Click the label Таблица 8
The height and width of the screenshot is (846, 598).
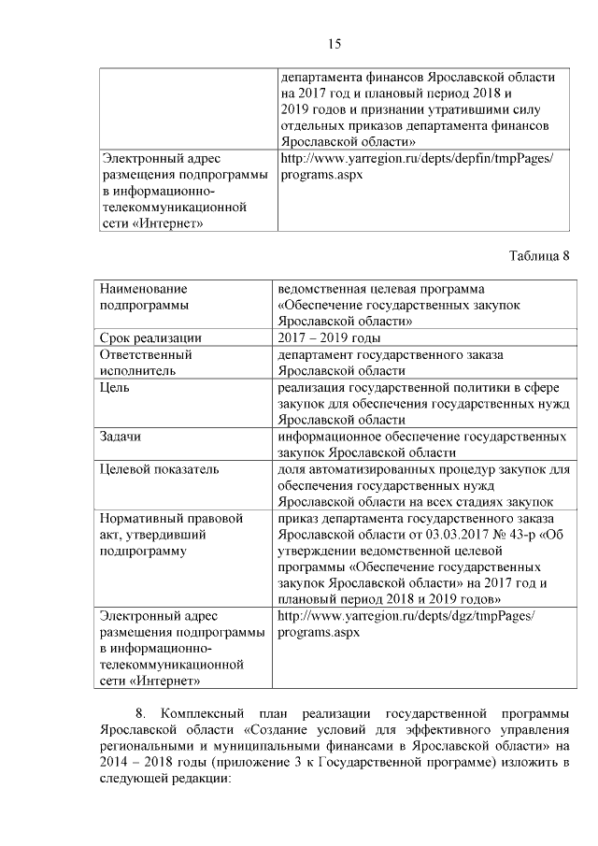[539, 256]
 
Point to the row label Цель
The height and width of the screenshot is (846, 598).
[116, 387]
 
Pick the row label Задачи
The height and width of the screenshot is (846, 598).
[121, 437]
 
